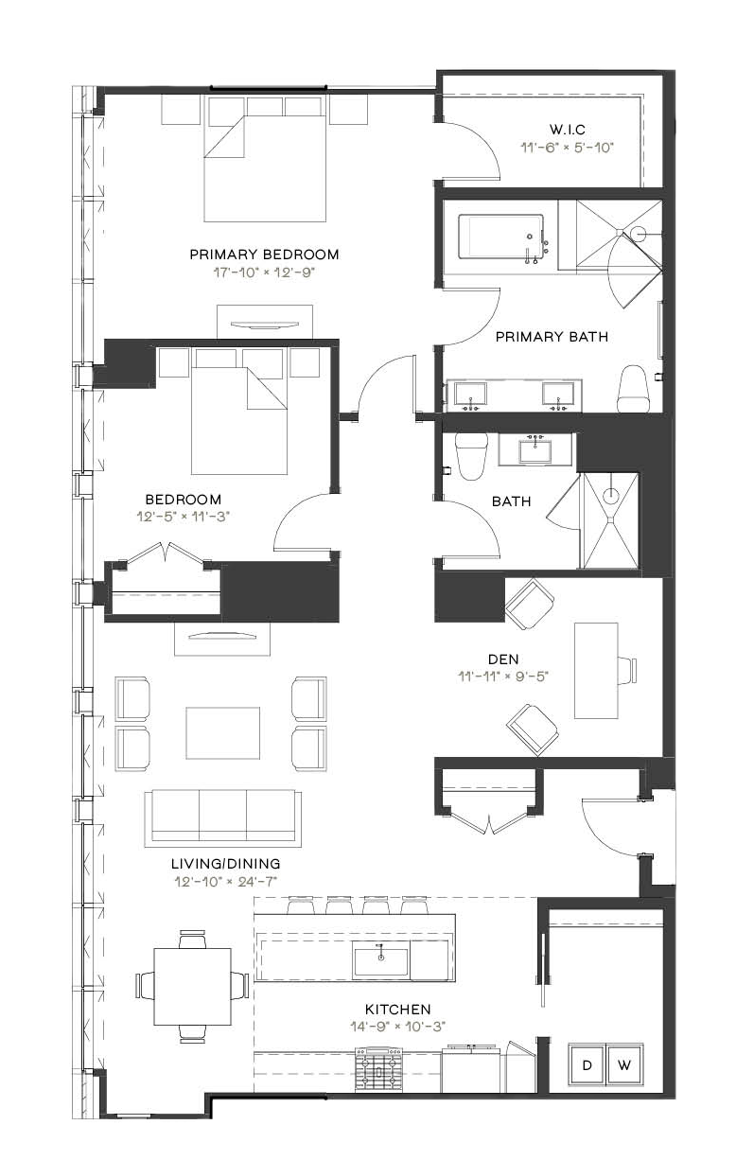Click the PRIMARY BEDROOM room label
264,255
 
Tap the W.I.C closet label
568,129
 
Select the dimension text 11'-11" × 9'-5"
503,677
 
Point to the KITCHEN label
397,1010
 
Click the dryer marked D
587,1064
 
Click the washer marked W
624,1064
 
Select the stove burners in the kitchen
378,1070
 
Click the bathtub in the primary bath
500,237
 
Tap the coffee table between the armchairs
223,732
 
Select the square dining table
192,987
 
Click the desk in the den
596,671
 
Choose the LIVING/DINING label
226,864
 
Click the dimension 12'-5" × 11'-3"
184,517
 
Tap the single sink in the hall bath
537,448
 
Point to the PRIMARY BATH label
552,337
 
